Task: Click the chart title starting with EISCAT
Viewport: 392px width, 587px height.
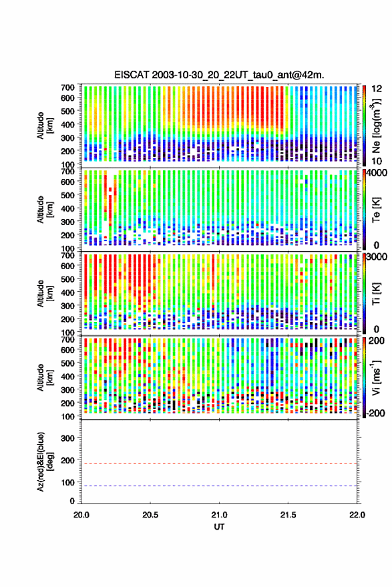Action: click(219, 75)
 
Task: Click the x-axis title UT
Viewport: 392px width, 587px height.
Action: click(219, 527)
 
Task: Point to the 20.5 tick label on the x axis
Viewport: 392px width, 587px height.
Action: click(150, 515)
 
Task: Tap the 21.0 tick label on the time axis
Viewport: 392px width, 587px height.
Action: click(219, 515)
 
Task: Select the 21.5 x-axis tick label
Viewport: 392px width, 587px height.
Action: click(288, 515)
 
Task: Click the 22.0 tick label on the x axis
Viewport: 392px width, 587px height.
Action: click(357, 515)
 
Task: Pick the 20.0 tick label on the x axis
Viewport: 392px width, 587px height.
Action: click(81, 515)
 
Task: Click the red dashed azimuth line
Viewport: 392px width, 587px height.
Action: click(219, 463)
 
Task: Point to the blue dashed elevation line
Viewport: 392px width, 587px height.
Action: click(219, 486)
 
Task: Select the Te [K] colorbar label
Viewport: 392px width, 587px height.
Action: click(376, 210)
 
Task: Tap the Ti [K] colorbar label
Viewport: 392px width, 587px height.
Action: click(376, 294)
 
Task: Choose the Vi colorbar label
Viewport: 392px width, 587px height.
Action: click(376, 377)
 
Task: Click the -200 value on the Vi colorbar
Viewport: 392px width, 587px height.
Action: click(375, 413)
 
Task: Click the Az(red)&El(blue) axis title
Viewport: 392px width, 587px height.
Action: click(45, 461)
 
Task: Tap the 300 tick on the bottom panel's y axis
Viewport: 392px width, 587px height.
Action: click(67, 438)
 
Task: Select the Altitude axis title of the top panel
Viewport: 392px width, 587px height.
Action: click(45, 126)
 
